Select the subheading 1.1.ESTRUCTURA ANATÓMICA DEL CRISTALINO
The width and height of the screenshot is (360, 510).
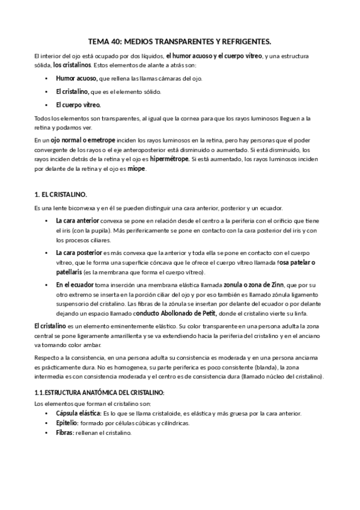(x=99, y=393)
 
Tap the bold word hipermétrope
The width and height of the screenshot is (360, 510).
(x=170, y=159)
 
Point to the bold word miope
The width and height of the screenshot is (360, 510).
(x=136, y=169)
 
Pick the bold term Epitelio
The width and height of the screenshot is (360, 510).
(x=67, y=423)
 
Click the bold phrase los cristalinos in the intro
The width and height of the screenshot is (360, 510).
(x=72, y=66)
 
